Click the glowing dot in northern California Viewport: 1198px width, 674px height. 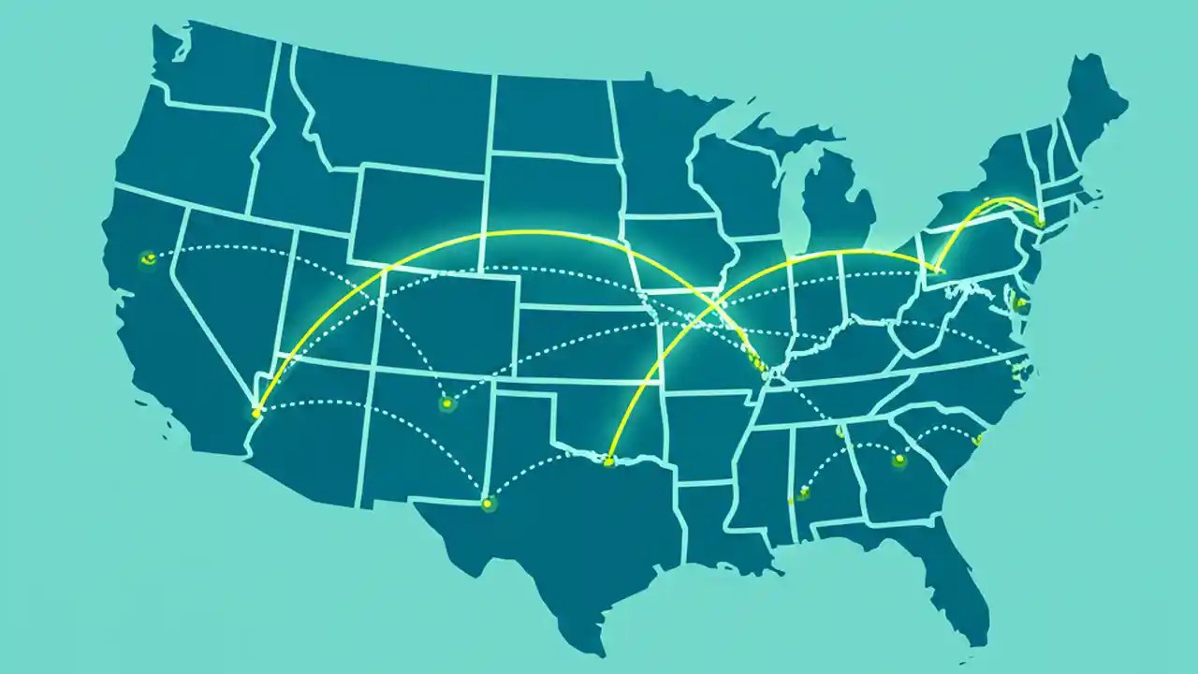tap(147, 259)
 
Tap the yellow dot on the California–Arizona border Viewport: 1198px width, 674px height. tap(256, 412)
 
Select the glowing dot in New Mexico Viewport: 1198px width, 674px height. tap(446, 403)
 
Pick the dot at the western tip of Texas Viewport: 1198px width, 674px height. tap(487, 504)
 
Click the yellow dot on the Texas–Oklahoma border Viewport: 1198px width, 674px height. tap(609, 461)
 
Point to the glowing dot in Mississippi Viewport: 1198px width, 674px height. tap(802, 493)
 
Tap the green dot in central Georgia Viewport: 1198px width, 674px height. tap(899, 460)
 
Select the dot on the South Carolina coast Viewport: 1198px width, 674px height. tap(977, 439)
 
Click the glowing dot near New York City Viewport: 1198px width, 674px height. tap(1040, 220)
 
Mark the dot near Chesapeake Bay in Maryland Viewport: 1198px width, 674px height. tap(1019, 303)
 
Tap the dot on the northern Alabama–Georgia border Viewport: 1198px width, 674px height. tap(840, 432)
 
